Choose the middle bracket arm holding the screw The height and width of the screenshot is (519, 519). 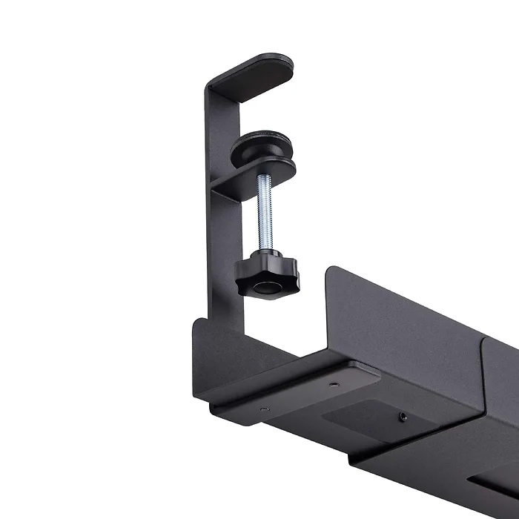245,178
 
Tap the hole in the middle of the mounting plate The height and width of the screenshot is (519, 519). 333,384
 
